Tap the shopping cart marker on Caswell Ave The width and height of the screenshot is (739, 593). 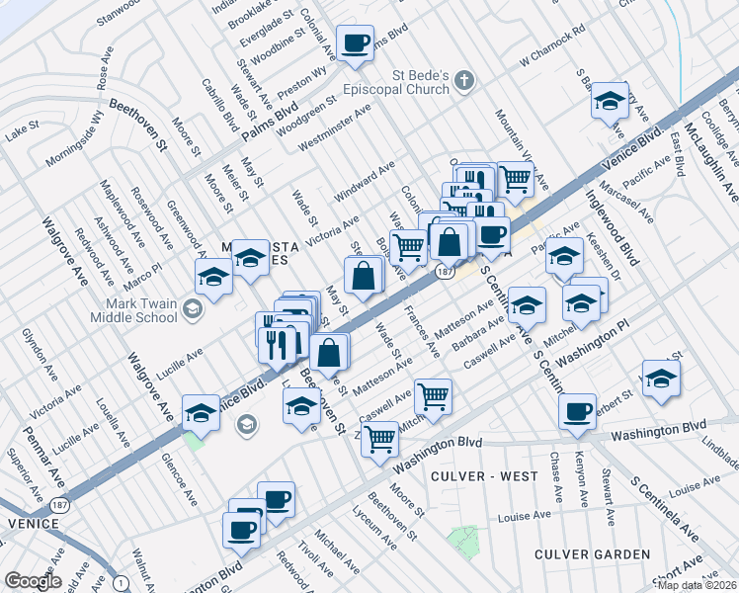(433, 396)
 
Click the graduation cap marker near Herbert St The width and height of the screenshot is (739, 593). (661, 378)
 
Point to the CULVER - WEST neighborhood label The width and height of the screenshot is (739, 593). (484, 476)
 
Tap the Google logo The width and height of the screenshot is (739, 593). (32, 581)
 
